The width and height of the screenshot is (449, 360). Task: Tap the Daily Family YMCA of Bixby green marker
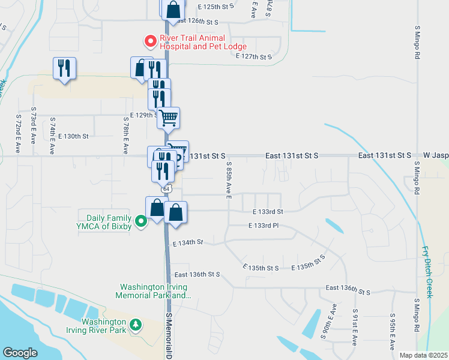tap(141, 222)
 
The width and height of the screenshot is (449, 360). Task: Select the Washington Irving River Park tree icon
tap(136, 325)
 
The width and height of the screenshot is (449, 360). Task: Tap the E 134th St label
tap(188, 242)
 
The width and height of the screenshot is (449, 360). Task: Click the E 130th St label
tap(73, 136)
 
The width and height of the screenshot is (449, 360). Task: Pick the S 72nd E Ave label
tap(19, 133)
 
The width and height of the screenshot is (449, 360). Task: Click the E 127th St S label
tap(254, 56)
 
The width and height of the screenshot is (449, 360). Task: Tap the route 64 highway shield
tap(167, 188)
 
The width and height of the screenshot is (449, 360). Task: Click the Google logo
tap(20, 353)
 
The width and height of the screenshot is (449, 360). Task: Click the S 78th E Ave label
tap(126, 134)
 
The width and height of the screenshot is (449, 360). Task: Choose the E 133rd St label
tap(267, 212)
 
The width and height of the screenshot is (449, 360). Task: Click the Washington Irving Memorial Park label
tap(155, 291)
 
